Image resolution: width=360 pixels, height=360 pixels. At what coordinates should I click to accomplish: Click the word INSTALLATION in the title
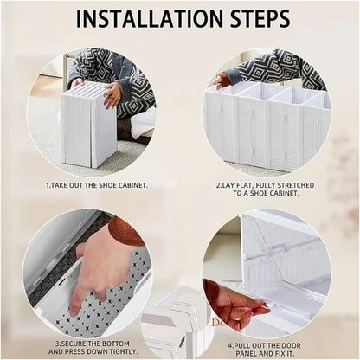(150, 18)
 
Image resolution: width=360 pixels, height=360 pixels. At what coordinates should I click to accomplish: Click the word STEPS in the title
(259, 18)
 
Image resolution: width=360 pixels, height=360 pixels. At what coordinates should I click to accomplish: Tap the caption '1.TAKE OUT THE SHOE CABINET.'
(97, 185)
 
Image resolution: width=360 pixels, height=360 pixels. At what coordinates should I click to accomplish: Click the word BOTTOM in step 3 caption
(115, 344)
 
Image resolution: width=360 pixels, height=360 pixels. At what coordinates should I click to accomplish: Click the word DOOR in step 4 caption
(291, 345)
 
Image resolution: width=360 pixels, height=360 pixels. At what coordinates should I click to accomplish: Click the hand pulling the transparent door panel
(231, 305)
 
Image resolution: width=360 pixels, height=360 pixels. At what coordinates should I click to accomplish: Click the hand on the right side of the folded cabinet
(112, 94)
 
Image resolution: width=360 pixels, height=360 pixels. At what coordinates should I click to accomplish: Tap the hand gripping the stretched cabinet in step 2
(220, 80)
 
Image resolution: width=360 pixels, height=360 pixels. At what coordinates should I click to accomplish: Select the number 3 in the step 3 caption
(57, 344)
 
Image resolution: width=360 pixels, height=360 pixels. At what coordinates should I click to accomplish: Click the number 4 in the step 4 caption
(230, 345)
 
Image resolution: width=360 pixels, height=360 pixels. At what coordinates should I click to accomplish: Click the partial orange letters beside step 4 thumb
(217, 323)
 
